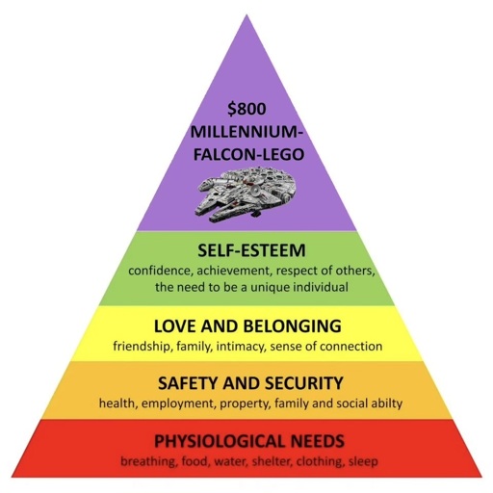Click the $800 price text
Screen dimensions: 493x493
tap(246, 109)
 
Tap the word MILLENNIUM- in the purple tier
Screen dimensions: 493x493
tap(246, 132)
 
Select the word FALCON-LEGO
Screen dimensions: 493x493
tap(248, 154)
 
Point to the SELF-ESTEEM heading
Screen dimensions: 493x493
tap(251, 250)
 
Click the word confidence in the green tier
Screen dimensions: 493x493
tap(160, 271)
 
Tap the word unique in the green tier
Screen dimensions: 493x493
tap(272, 286)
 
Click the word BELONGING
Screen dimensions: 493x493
tap(292, 326)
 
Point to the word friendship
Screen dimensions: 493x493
tap(142, 347)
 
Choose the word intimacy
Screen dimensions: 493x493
tap(242, 347)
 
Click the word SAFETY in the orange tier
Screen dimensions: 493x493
tap(188, 383)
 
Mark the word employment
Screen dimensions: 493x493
tap(178, 403)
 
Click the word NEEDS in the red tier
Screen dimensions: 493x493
tap(316, 441)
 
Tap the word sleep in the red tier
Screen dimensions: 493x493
tap(363, 461)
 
